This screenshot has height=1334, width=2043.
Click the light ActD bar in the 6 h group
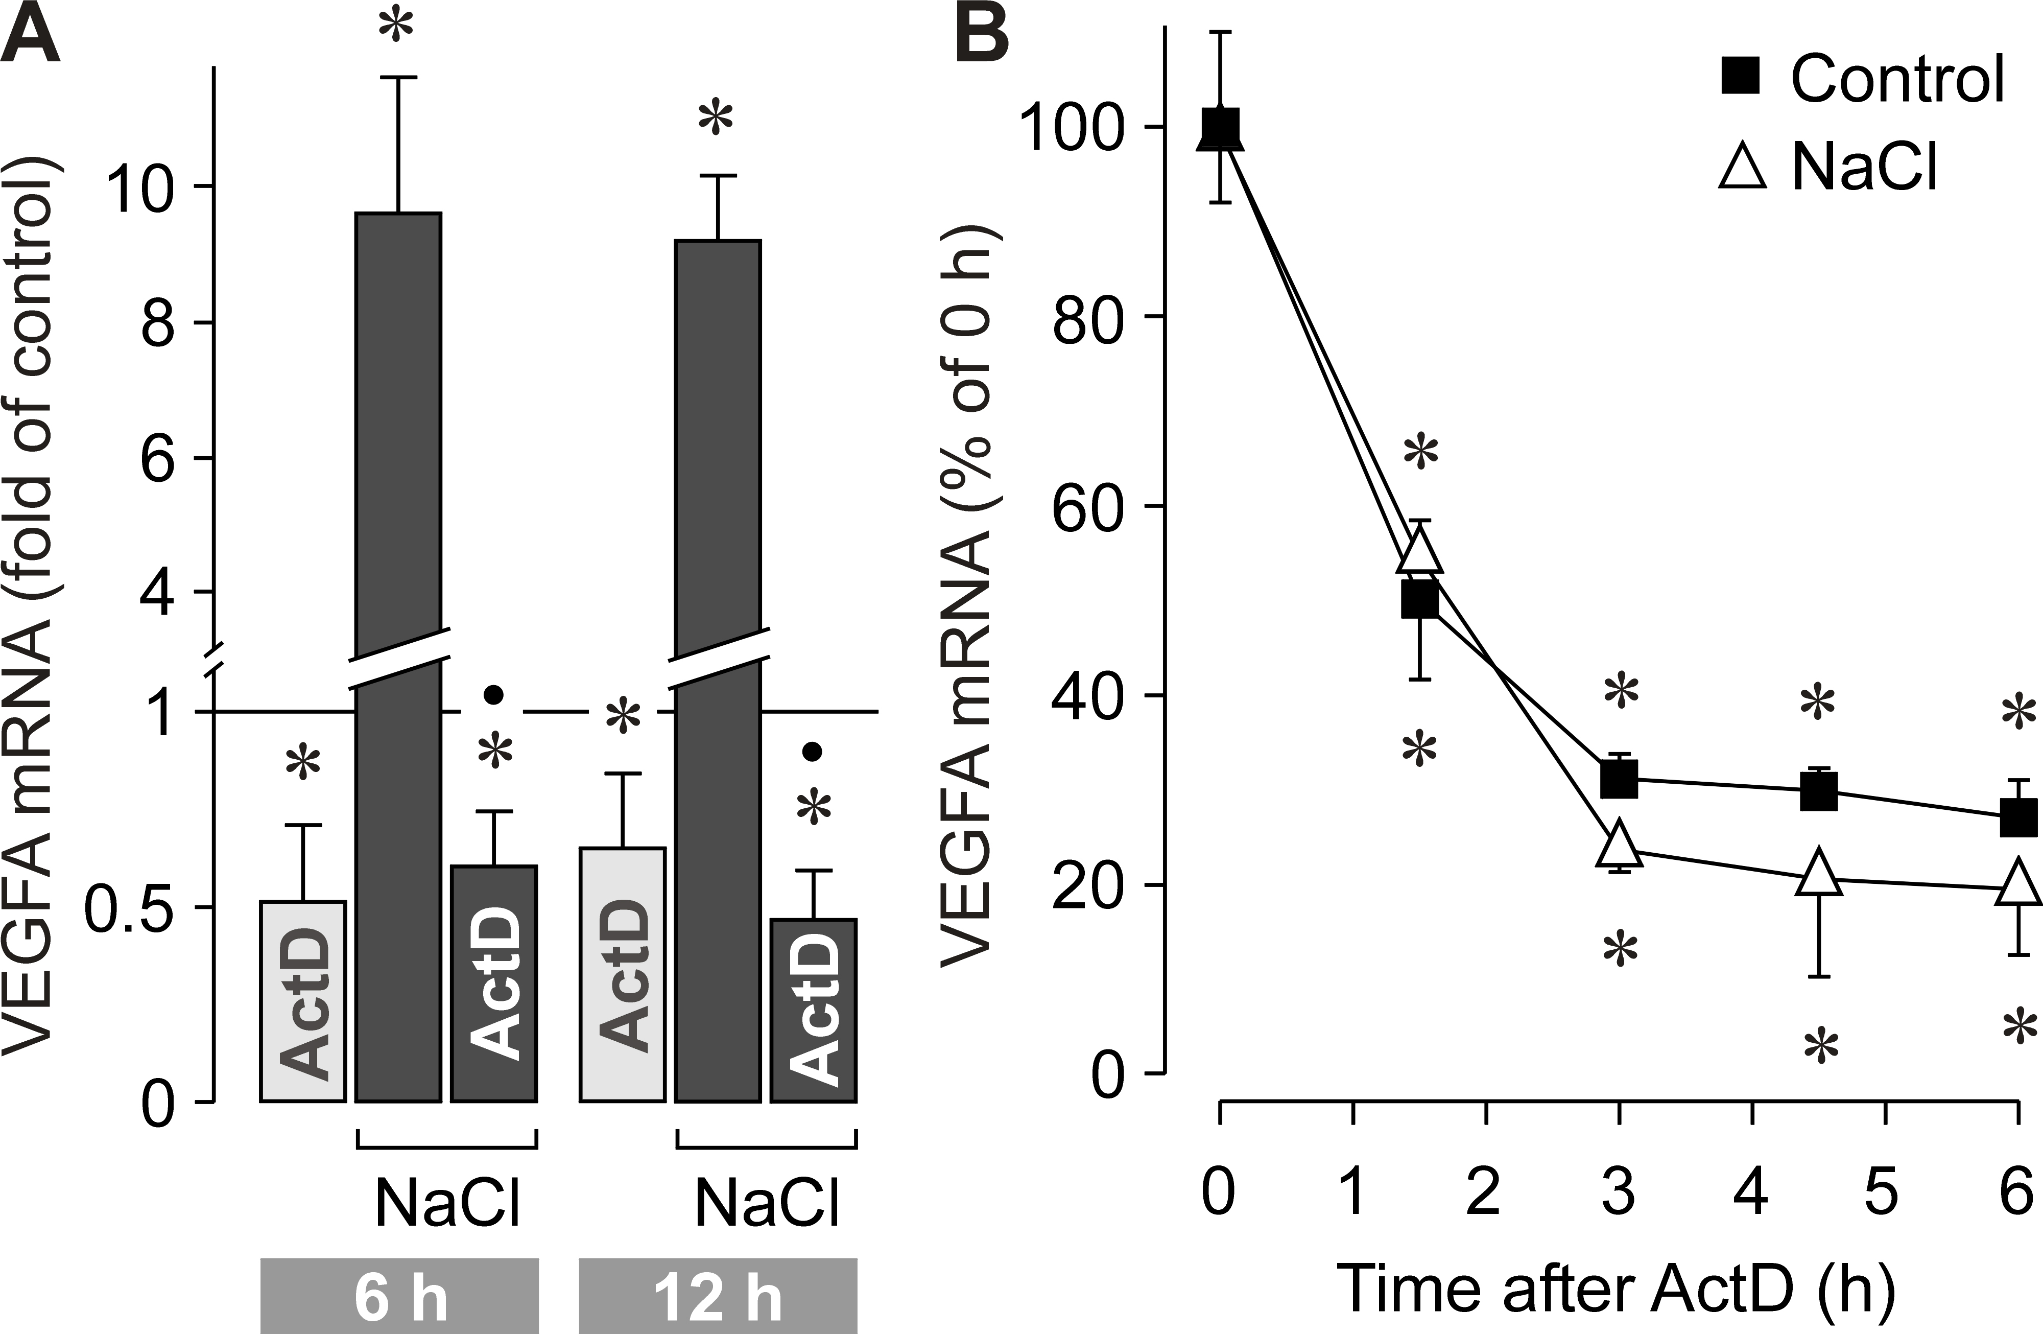click(302, 1001)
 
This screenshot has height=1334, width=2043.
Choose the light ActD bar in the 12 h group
click(622, 974)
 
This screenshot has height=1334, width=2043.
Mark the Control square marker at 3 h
click(1619, 779)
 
